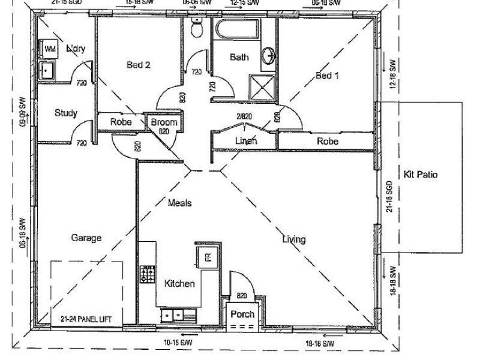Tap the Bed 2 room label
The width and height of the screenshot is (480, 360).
138,65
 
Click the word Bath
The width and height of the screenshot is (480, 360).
239,58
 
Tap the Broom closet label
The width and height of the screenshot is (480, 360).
164,122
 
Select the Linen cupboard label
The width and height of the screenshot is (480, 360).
246,141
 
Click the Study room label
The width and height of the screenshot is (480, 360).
65,113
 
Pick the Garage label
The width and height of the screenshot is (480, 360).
86,238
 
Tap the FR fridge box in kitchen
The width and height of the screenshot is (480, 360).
207,257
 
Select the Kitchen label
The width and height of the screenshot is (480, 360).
179,284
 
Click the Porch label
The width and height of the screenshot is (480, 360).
242,314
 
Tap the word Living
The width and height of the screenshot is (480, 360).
294,239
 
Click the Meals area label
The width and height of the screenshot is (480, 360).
179,203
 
